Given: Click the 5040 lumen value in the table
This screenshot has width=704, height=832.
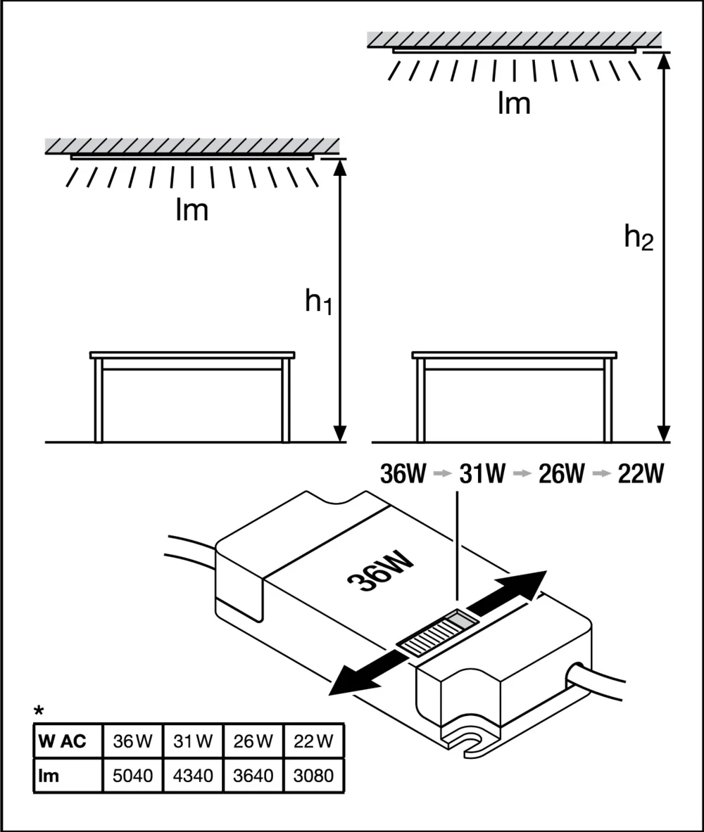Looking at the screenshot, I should point(132,776).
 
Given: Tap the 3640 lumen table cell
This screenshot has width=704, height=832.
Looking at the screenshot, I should point(253,776).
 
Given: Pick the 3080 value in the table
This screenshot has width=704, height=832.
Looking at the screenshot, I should point(314,776).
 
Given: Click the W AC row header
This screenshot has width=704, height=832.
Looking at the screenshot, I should point(64,741).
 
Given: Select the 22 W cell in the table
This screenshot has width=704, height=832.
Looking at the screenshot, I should point(314,741).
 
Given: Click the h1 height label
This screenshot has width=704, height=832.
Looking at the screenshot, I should point(318,302).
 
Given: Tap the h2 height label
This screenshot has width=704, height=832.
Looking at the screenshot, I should point(639,240).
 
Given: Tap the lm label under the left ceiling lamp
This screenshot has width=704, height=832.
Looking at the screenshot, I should point(192,210).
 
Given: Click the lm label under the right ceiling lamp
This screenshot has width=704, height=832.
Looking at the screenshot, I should point(514,103).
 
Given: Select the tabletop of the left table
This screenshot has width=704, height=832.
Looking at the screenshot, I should point(192,354).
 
